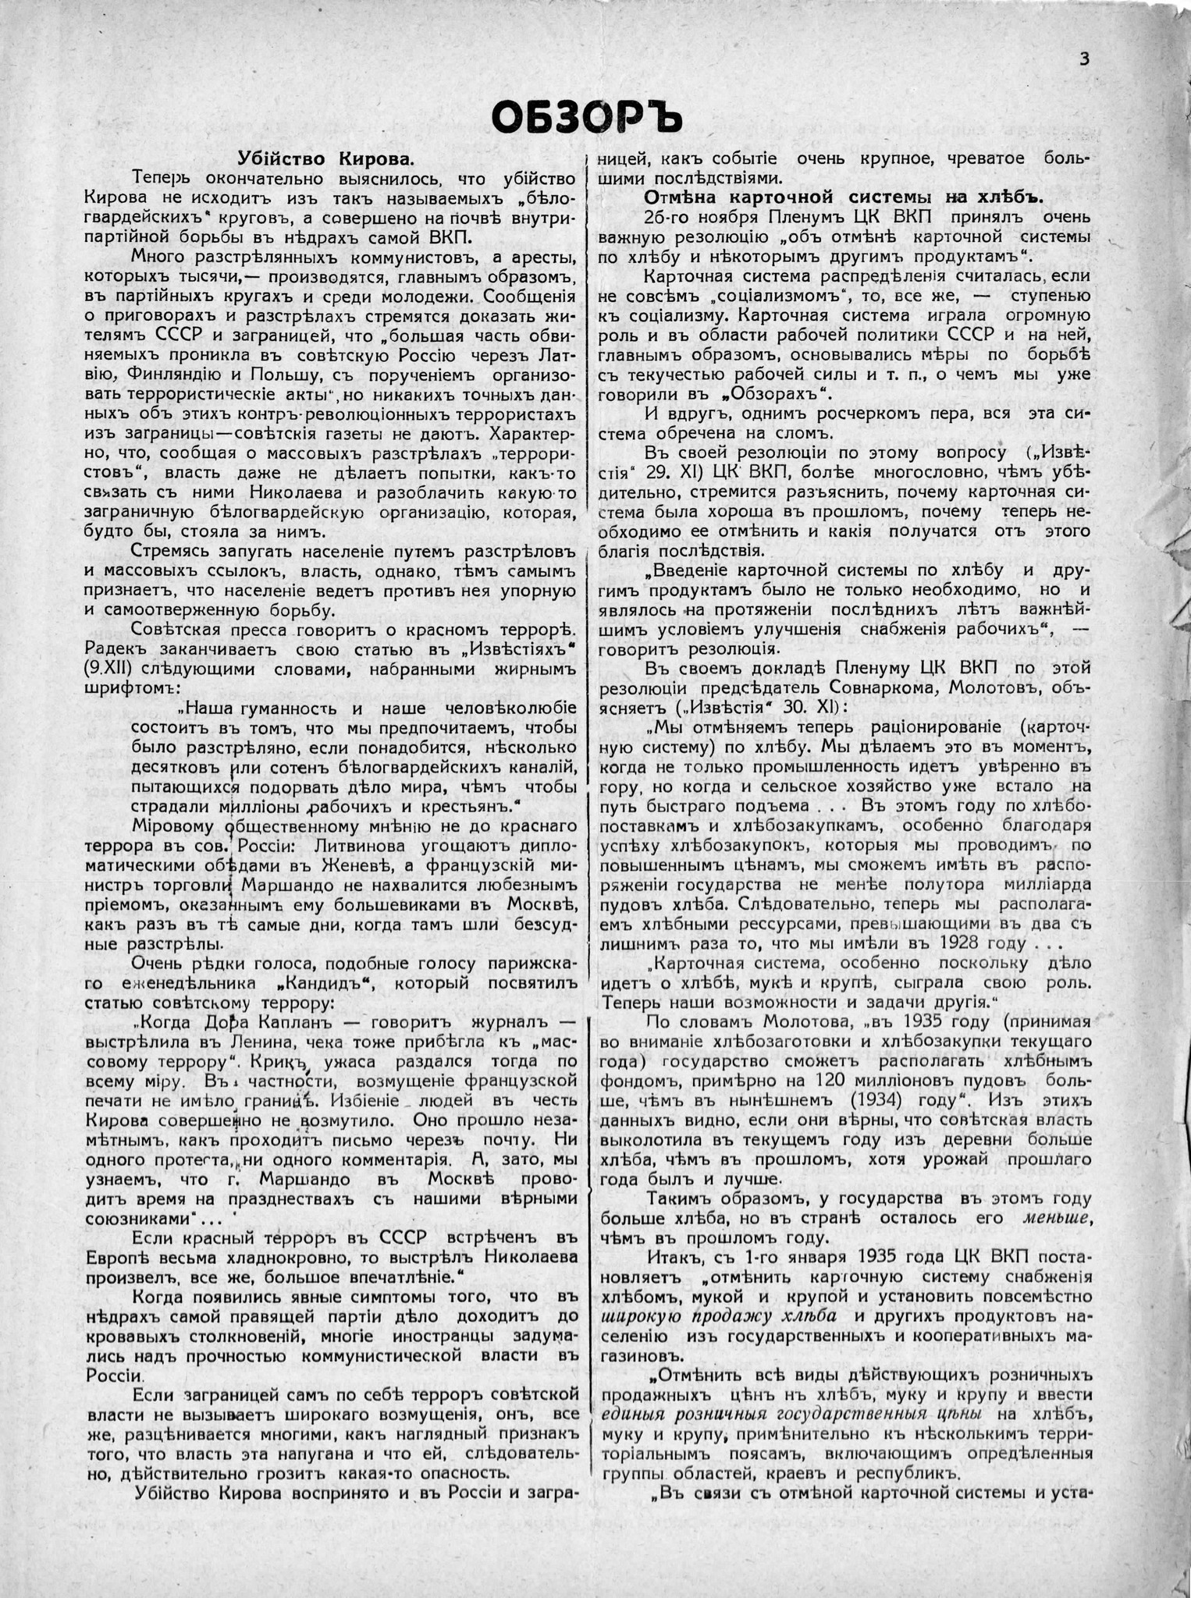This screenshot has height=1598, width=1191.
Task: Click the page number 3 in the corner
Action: click(1084, 59)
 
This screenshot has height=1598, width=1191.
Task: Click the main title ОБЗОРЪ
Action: click(586, 118)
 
